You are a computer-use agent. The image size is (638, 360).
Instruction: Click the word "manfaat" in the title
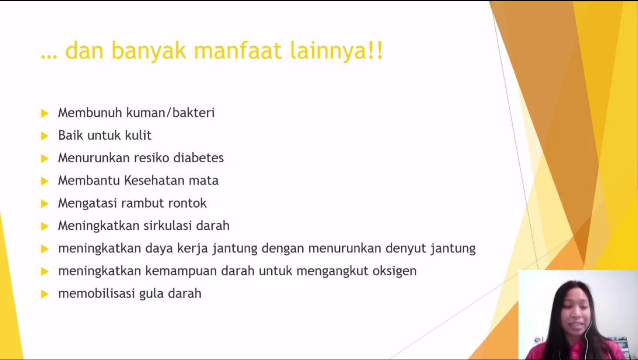(238, 51)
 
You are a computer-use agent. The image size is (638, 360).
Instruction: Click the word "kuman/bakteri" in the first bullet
(171, 113)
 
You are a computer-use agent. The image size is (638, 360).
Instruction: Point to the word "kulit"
(138, 135)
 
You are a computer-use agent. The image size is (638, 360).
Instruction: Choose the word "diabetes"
(198, 158)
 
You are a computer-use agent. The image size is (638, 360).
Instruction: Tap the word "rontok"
(188, 203)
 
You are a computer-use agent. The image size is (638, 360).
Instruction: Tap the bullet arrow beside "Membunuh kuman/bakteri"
(45, 113)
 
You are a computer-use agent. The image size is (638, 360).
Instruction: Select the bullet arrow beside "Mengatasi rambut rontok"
(45, 203)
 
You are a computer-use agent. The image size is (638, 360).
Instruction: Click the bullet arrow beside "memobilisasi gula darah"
(45, 294)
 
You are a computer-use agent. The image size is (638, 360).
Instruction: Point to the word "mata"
(204, 180)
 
